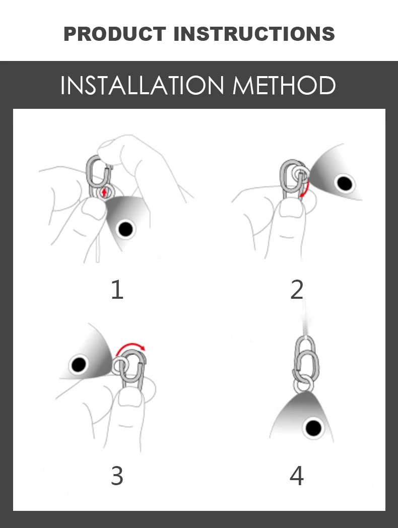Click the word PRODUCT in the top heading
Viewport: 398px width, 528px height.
tap(114, 34)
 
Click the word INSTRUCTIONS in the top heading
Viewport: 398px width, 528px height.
tap(254, 34)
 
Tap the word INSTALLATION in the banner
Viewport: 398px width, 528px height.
tap(142, 86)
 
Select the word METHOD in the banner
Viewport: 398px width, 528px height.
tap(284, 86)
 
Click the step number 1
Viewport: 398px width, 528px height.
tap(117, 290)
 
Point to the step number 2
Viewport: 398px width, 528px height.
tap(297, 290)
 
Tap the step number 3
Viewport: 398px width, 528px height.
tap(117, 476)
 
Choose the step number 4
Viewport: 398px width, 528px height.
tap(297, 476)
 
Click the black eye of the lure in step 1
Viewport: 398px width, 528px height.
tap(125, 229)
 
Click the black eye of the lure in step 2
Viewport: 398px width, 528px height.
tap(344, 183)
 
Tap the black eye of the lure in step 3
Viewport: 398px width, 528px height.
tap(79, 365)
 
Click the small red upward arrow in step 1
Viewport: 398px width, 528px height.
tap(104, 192)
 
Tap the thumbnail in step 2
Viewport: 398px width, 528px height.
tap(287, 211)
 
